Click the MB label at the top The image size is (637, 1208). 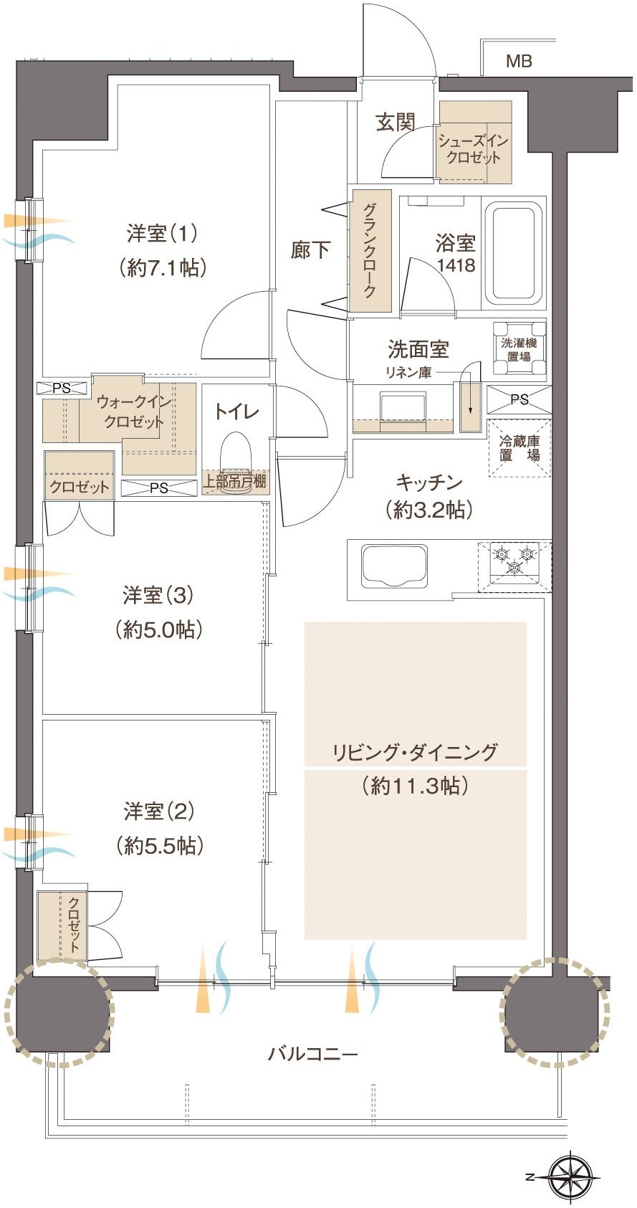pyautogui.click(x=519, y=61)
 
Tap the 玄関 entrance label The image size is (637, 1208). pyautogui.click(x=395, y=123)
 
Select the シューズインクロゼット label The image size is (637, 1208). pyautogui.click(x=473, y=149)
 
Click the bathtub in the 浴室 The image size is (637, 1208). pyautogui.click(x=513, y=254)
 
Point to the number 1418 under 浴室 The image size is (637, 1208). pyautogui.click(x=456, y=265)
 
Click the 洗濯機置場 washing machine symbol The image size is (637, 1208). pyautogui.click(x=519, y=348)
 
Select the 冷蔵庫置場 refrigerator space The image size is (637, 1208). pyautogui.click(x=519, y=448)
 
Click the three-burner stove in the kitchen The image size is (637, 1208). pyautogui.click(x=514, y=566)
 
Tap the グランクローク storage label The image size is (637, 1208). pyautogui.click(x=370, y=250)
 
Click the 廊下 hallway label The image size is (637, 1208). pyautogui.click(x=310, y=249)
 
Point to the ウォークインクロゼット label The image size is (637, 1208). pyautogui.click(x=134, y=411)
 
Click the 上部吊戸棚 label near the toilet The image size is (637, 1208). pyautogui.click(x=234, y=481)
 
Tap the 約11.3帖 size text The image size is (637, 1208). pyautogui.click(x=415, y=786)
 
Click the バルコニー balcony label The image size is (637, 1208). pyautogui.click(x=312, y=1053)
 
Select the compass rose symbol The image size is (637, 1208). pyautogui.click(x=573, y=1172)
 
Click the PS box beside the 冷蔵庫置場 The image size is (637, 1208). pyautogui.click(x=519, y=399)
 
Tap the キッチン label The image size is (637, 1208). pyautogui.click(x=429, y=482)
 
